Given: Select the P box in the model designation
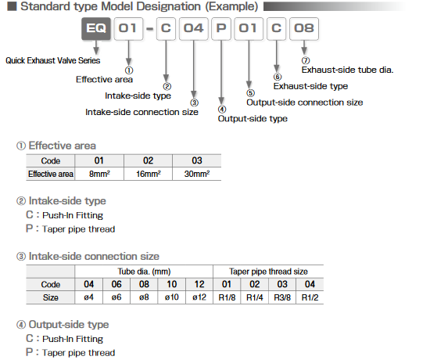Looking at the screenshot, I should pos(221,32).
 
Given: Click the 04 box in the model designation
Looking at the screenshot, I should pos(194,32).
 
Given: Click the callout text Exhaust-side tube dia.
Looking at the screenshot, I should pos(347,70).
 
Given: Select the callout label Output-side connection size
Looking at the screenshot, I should pos(305,103).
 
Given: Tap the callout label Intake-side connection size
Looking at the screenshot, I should pos(142,112).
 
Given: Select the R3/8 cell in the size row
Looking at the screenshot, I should pos(283,298).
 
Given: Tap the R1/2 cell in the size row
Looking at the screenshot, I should pos(310,298).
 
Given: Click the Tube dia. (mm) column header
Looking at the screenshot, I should pos(145,271).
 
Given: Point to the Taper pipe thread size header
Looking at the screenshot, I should pos(268,271).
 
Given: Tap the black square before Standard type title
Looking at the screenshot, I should pos(9,8).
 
